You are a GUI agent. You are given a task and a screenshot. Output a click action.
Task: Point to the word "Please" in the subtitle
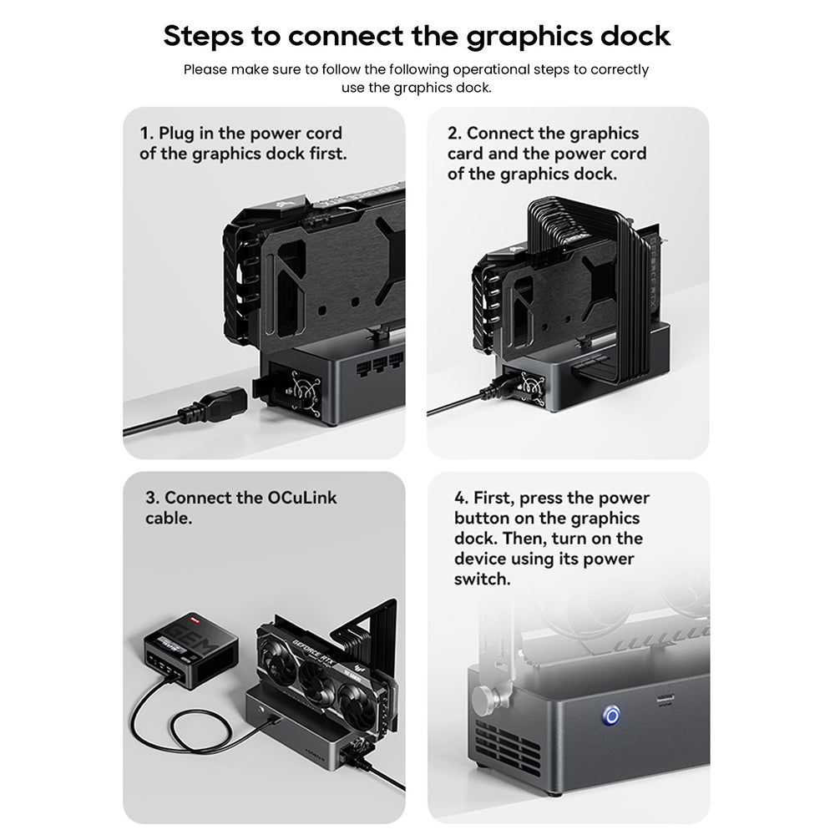click(x=205, y=70)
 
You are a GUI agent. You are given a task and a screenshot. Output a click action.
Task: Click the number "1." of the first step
click(x=147, y=134)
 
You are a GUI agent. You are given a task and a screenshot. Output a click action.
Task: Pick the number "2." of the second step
click(x=455, y=134)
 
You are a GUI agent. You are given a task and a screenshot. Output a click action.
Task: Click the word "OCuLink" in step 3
click(x=292, y=498)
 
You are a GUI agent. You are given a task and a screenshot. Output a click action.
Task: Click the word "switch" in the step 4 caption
click(x=482, y=579)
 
